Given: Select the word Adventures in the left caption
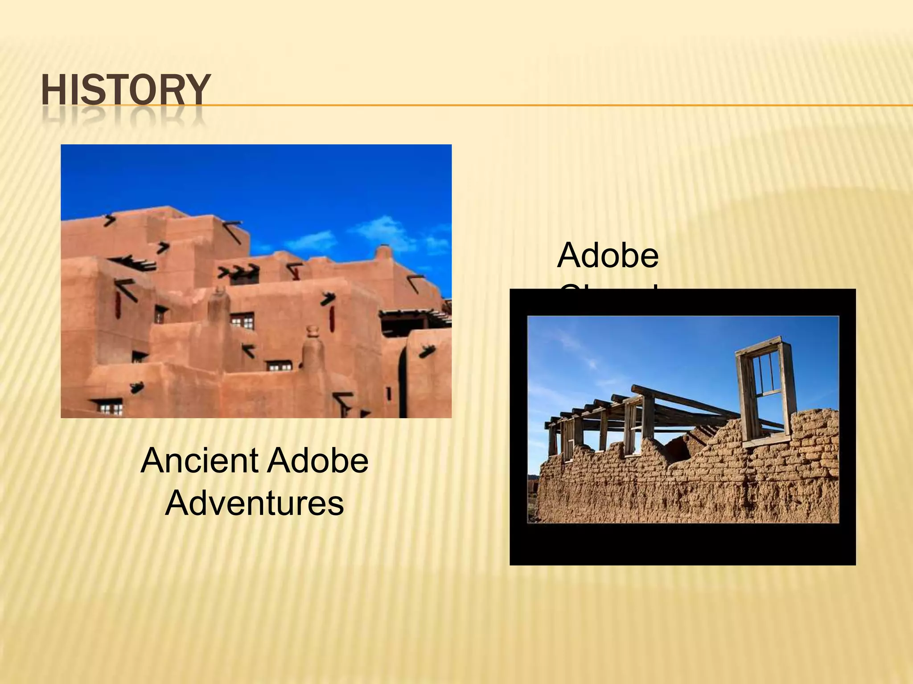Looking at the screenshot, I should pyautogui.click(x=254, y=503).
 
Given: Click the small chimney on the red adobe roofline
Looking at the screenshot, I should pyautogui.click(x=383, y=253).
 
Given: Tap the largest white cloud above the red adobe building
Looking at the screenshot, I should pyautogui.click(x=379, y=228).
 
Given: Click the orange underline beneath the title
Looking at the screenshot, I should pyautogui.click(x=535, y=106).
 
